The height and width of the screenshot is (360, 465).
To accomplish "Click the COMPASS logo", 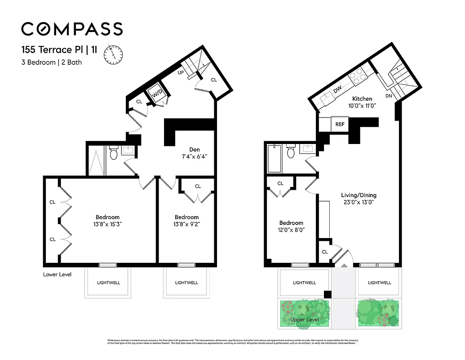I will coord(72,29).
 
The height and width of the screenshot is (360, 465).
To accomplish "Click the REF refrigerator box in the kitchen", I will coord(339,125).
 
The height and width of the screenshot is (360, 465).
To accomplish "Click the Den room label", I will coord(194,150).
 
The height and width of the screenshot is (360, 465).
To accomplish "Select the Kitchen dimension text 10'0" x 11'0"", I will coord(362,106).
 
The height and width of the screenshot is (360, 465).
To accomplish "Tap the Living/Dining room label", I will coord(358,195).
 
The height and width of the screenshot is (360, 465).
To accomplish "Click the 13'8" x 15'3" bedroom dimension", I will coord(107,224).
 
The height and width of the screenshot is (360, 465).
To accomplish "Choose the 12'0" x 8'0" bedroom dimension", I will coord(291,229).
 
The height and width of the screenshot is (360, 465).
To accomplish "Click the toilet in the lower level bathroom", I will coord(113,154).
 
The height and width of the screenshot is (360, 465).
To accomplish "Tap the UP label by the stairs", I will coord(180,72).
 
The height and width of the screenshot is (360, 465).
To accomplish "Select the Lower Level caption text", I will coord(57,274).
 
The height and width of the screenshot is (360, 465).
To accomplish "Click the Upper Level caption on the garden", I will coord(304,320).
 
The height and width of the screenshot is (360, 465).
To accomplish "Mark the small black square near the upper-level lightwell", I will coord(328,294).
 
